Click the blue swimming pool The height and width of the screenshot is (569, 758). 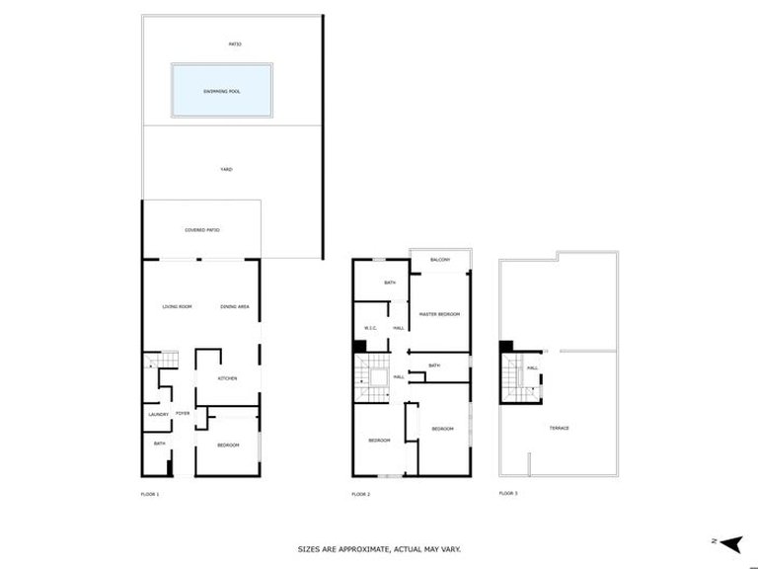pos(222,91)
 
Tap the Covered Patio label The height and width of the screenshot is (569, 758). pos(201,230)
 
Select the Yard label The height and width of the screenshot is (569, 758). pos(225,170)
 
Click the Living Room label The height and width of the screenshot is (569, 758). pos(177,307)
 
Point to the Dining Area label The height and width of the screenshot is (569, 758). pos(234,307)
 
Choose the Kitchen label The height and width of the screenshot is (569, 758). pos(228,378)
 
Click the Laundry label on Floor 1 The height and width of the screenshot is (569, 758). pos(159,414)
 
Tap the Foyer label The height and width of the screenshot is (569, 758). pos(183,413)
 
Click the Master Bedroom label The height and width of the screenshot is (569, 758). pos(441,313)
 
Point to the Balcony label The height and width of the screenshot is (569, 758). pos(440,260)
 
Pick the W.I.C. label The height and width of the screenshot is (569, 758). pos(371,328)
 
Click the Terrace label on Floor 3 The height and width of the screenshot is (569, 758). pos(559,428)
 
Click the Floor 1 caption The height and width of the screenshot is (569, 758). pos(150,492)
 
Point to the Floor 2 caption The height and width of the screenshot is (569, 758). pos(360,492)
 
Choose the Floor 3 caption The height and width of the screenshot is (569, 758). pos(507,492)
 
